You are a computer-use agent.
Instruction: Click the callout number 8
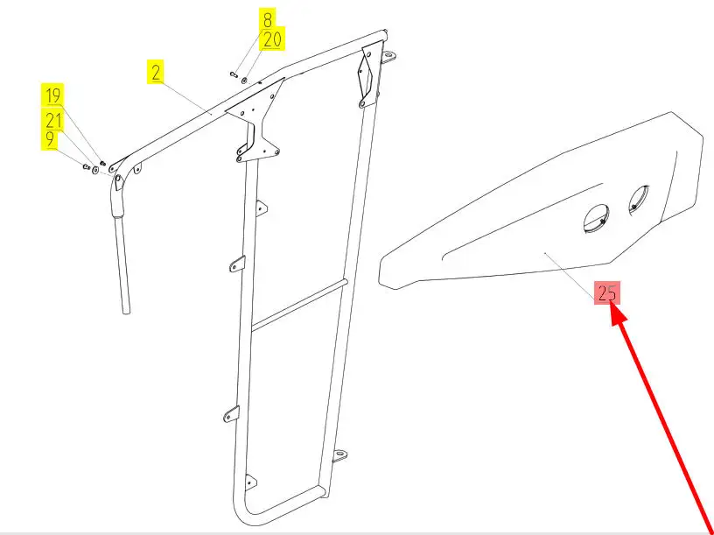pyautogui.click(x=267, y=20)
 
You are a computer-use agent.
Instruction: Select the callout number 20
pyautogui.click(x=272, y=39)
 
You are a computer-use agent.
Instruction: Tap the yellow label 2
pyautogui.click(x=156, y=72)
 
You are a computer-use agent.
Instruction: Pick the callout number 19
pyautogui.click(x=52, y=95)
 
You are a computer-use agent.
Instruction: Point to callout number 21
pyautogui.click(x=52, y=119)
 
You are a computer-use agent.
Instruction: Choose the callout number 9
pyautogui.click(x=50, y=139)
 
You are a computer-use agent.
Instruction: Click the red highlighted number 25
pyautogui.click(x=607, y=292)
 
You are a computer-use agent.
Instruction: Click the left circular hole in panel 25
pyautogui.click(x=597, y=219)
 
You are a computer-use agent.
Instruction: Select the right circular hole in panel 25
pyautogui.click(x=639, y=200)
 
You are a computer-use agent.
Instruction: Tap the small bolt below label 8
pyautogui.click(x=234, y=74)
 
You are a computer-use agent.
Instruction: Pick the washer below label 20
pyautogui.click(x=244, y=81)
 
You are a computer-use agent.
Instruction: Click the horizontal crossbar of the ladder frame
pyautogui.click(x=299, y=305)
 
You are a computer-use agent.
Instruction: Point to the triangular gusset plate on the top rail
pyautogui.click(x=255, y=119)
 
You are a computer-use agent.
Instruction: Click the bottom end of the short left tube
pyautogui.click(x=126, y=311)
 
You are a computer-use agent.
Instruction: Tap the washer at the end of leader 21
pyautogui.click(x=95, y=170)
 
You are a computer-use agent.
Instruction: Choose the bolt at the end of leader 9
pyautogui.click(x=86, y=166)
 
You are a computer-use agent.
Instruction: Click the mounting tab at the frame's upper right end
pyautogui.click(x=388, y=58)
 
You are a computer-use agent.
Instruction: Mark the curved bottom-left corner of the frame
pyautogui.click(x=241, y=510)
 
